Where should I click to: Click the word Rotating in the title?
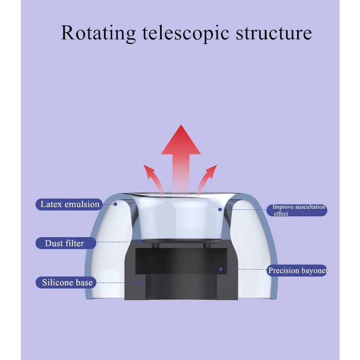point(98,33)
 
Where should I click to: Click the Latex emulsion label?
point(70,204)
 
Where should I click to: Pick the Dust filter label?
point(64,243)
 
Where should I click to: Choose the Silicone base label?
point(67,283)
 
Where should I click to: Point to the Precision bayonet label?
point(297,271)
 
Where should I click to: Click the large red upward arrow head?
point(181,141)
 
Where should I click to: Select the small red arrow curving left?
point(150,175)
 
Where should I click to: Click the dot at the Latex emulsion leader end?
point(115,204)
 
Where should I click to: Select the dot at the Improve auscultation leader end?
point(220,210)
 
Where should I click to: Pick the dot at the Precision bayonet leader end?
point(221,269)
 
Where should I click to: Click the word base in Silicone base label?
point(84,283)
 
